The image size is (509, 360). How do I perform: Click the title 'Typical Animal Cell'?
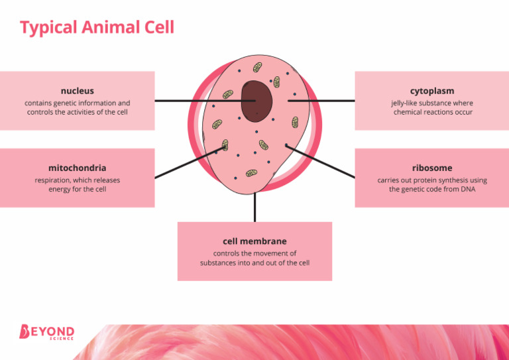(x=97, y=27)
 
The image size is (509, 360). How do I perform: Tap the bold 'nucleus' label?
(x=77, y=90)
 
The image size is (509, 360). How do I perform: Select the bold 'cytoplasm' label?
(x=431, y=90)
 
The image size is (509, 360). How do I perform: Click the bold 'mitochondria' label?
(x=77, y=168)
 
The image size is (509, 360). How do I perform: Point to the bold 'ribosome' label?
(x=431, y=168)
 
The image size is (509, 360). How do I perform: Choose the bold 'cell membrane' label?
(x=254, y=241)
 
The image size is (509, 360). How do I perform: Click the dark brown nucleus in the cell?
(x=256, y=101)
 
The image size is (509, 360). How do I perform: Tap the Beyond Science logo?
(x=46, y=332)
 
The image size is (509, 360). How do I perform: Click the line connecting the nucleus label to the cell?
(x=192, y=101)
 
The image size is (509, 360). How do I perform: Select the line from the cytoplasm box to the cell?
(x=325, y=101)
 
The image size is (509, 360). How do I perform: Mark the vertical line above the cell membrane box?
(x=254, y=207)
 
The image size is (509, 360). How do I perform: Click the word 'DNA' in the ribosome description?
(x=467, y=189)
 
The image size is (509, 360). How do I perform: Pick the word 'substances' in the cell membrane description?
(x=219, y=263)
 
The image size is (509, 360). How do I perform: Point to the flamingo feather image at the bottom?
(x=298, y=342)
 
